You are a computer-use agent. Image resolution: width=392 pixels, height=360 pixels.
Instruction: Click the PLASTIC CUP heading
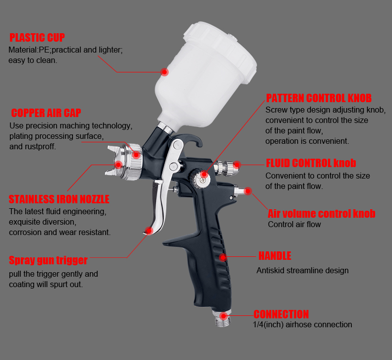click(37, 38)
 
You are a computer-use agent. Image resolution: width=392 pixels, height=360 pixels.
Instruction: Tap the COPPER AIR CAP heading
click(46, 113)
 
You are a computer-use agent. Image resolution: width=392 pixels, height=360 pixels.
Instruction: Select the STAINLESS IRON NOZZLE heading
click(59, 199)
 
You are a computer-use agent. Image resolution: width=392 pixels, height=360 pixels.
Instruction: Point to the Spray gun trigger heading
click(48, 260)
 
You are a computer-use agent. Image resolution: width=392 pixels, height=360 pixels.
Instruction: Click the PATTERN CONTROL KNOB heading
click(319, 98)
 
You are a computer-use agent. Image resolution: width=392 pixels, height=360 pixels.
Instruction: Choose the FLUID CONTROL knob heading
click(311, 163)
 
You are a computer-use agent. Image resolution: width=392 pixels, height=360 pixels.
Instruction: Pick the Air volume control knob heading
click(322, 214)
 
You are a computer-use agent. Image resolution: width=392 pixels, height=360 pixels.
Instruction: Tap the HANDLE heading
click(275, 256)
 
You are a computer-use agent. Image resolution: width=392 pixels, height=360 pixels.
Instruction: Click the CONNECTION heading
click(281, 314)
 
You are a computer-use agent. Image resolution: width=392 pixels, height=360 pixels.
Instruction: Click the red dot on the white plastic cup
click(164, 72)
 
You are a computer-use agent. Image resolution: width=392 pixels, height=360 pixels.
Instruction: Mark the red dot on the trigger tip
click(149, 231)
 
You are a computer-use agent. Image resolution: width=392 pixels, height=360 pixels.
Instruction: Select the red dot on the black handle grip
click(223, 257)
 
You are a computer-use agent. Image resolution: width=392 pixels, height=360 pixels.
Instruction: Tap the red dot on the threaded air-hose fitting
click(223, 316)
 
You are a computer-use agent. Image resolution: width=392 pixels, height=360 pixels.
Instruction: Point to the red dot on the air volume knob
click(248, 191)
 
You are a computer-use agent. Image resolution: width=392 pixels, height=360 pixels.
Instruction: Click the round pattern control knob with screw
click(200, 178)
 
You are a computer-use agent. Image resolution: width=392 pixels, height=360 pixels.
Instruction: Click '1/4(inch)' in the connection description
click(268, 324)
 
